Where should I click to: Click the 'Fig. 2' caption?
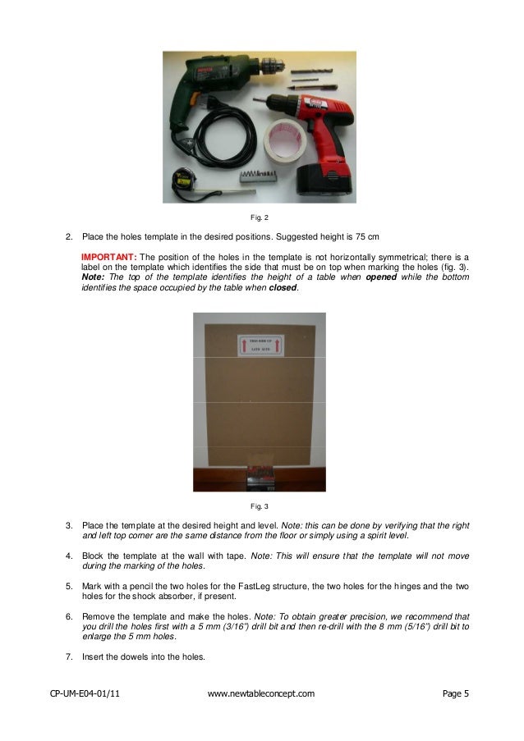(x=259, y=217)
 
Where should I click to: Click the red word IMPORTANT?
(x=108, y=257)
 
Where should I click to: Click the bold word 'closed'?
(x=283, y=289)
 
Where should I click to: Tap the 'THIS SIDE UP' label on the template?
(x=259, y=339)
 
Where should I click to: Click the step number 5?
(x=68, y=587)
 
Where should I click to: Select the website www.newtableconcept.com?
(x=261, y=694)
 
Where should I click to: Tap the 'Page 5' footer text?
(x=455, y=694)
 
